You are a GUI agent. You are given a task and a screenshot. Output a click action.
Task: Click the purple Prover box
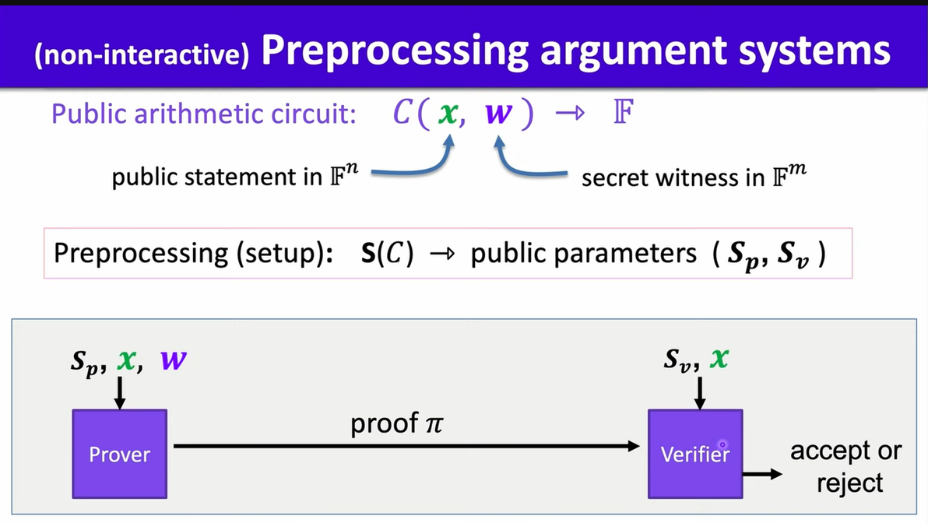[119, 453]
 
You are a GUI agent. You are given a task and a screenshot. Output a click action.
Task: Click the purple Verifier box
[694, 453]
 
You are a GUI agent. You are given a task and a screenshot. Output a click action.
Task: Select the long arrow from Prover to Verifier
[405, 446]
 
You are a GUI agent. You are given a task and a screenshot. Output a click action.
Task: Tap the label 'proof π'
[396, 424]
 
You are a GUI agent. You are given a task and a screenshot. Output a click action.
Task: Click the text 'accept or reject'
[845, 467]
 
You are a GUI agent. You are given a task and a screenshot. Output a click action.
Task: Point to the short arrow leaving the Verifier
[762, 473]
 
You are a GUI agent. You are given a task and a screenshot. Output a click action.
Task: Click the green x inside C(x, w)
[446, 114]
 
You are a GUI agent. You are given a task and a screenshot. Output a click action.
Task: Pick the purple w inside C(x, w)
[498, 114]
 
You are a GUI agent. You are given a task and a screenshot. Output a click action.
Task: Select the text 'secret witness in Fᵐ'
[694, 177]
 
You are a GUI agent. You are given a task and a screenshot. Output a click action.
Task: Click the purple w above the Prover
[174, 361]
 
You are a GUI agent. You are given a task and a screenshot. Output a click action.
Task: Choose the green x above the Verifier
[719, 360]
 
